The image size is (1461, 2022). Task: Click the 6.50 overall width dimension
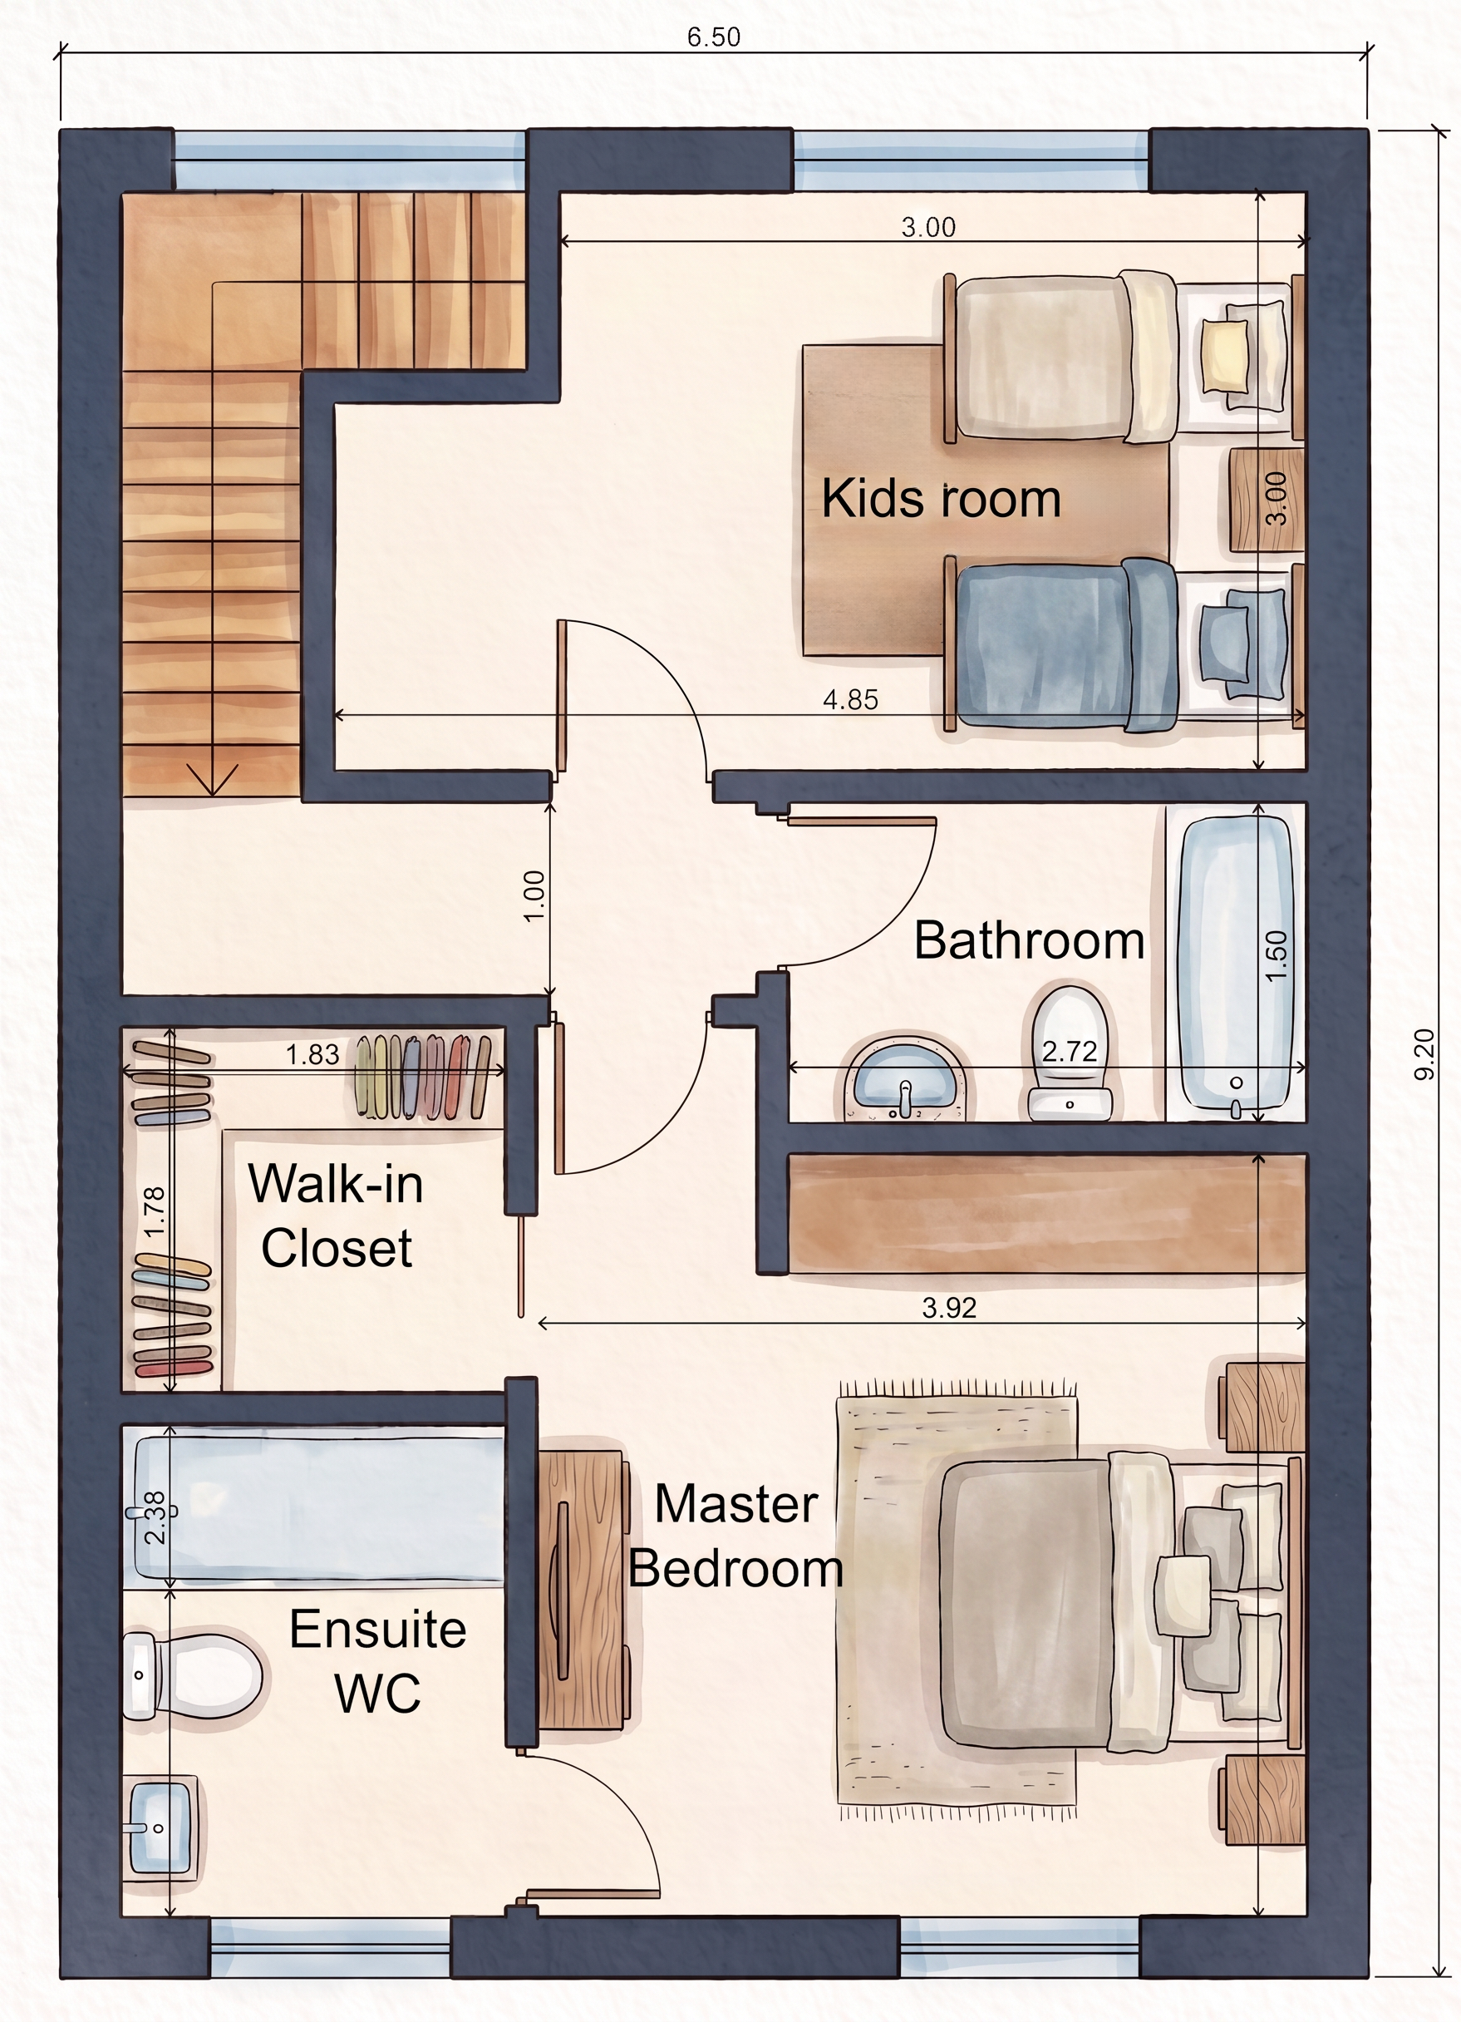tap(713, 37)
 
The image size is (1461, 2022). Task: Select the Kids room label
tap(941, 498)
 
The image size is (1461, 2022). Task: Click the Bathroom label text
tap(1030, 940)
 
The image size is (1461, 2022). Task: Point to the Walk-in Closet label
tap(336, 1216)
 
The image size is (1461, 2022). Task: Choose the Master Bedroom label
tap(735, 1536)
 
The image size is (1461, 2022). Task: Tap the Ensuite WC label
tap(378, 1661)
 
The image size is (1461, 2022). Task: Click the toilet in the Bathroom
tap(1070, 1052)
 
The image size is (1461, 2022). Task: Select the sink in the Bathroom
tap(904, 1078)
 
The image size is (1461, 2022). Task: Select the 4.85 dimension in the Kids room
tap(850, 700)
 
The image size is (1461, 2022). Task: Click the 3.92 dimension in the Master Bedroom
tap(949, 1308)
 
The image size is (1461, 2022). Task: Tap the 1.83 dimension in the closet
tap(312, 1055)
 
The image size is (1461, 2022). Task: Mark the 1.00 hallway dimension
tap(534, 896)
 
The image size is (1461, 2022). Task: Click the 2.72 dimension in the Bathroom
tap(1070, 1052)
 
